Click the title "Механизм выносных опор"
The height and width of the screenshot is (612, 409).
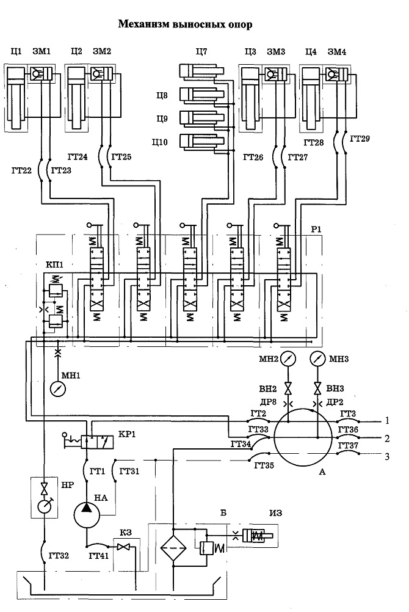(x=186, y=24)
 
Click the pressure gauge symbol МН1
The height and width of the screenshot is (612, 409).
(x=58, y=388)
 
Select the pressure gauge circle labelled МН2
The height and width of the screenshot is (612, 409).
(x=288, y=359)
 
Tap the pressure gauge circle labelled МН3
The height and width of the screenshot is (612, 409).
(x=317, y=359)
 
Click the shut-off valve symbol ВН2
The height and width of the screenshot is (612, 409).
(x=288, y=388)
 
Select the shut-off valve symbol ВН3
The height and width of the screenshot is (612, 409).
(x=317, y=388)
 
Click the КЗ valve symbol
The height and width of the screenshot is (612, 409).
(x=125, y=547)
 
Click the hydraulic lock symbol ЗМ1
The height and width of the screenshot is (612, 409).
(x=41, y=73)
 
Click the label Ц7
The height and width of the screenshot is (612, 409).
(x=201, y=51)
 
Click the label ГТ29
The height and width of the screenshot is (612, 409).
(x=360, y=139)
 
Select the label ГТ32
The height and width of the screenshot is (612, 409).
(x=59, y=555)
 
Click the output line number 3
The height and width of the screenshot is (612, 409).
(x=387, y=456)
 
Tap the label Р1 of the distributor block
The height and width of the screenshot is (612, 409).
(x=316, y=229)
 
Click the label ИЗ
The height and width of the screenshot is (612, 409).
(x=275, y=513)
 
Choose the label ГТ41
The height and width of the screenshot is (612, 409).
(x=98, y=556)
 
